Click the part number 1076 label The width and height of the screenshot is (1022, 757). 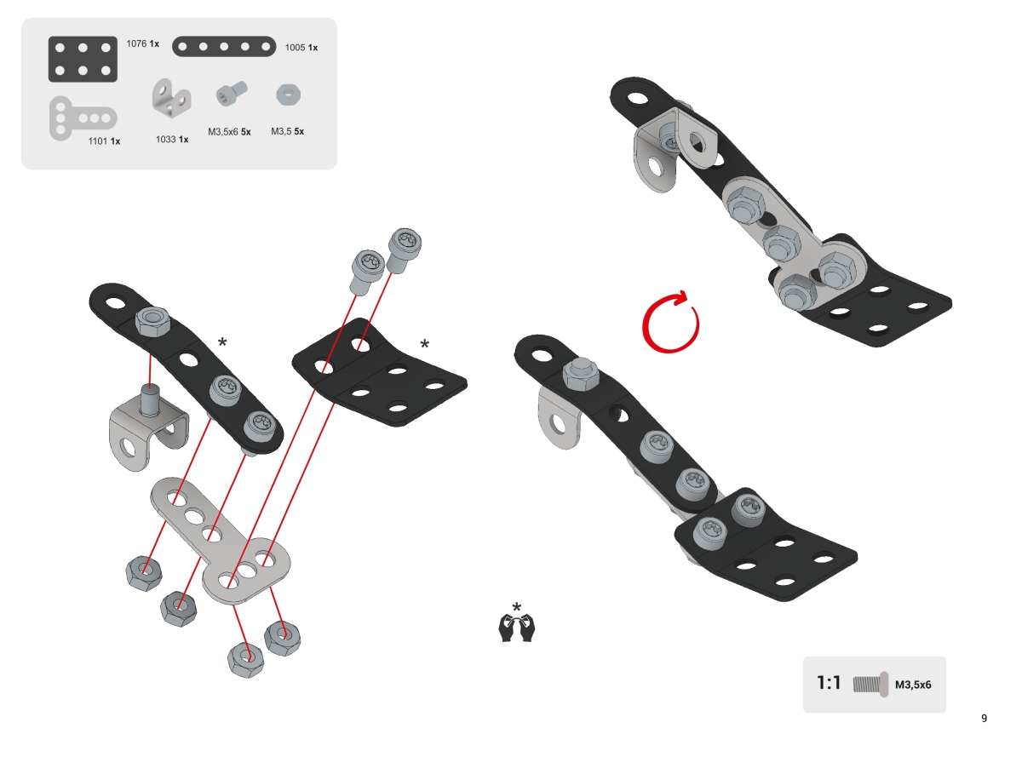136,43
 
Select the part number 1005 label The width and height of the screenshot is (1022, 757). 295,48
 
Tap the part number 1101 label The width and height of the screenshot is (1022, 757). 98,141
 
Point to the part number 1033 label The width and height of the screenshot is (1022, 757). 165,139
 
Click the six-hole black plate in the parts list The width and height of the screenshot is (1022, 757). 83,60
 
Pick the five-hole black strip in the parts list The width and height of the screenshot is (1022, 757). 224,47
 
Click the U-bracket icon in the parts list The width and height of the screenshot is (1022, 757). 171,98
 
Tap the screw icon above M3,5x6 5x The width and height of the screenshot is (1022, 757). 232,93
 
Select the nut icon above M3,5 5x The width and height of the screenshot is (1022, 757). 289,95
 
